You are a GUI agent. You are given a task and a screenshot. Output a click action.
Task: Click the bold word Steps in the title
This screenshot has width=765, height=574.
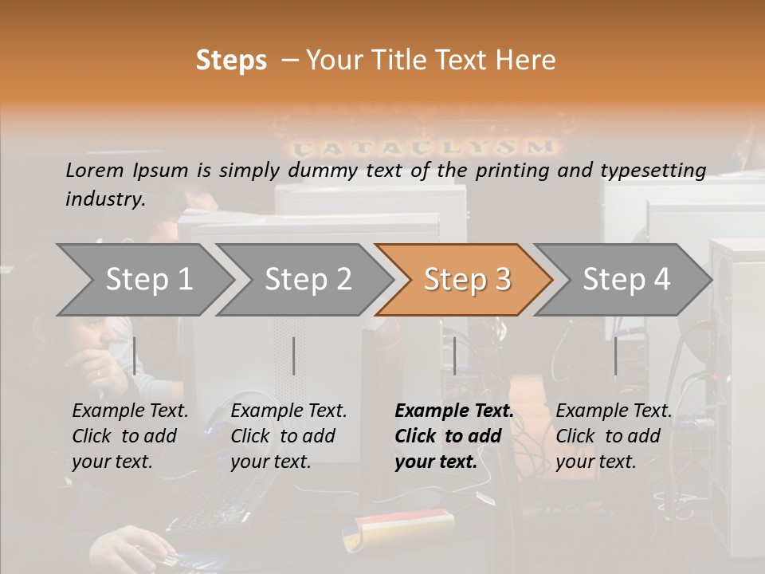click(231, 61)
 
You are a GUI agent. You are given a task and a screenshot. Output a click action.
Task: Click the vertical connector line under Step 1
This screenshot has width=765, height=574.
click(135, 356)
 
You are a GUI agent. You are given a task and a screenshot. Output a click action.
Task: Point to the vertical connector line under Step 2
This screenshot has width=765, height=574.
click(294, 356)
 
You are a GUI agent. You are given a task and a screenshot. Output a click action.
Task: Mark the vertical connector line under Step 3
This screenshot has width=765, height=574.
click(454, 356)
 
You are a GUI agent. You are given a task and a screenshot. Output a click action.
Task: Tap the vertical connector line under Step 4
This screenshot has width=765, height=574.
click(615, 356)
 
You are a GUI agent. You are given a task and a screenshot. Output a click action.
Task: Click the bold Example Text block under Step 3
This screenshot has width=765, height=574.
click(454, 436)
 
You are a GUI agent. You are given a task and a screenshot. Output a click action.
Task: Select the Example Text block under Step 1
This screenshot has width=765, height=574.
click(130, 436)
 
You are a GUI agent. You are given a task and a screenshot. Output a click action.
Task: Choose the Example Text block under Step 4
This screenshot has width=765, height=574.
click(614, 436)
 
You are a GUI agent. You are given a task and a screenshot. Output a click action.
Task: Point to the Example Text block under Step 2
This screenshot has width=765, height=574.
click(288, 436)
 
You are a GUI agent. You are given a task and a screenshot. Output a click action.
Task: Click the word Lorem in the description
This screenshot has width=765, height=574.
click(94, 170)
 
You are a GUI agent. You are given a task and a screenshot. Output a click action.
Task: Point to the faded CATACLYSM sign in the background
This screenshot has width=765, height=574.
click(422, 147)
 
